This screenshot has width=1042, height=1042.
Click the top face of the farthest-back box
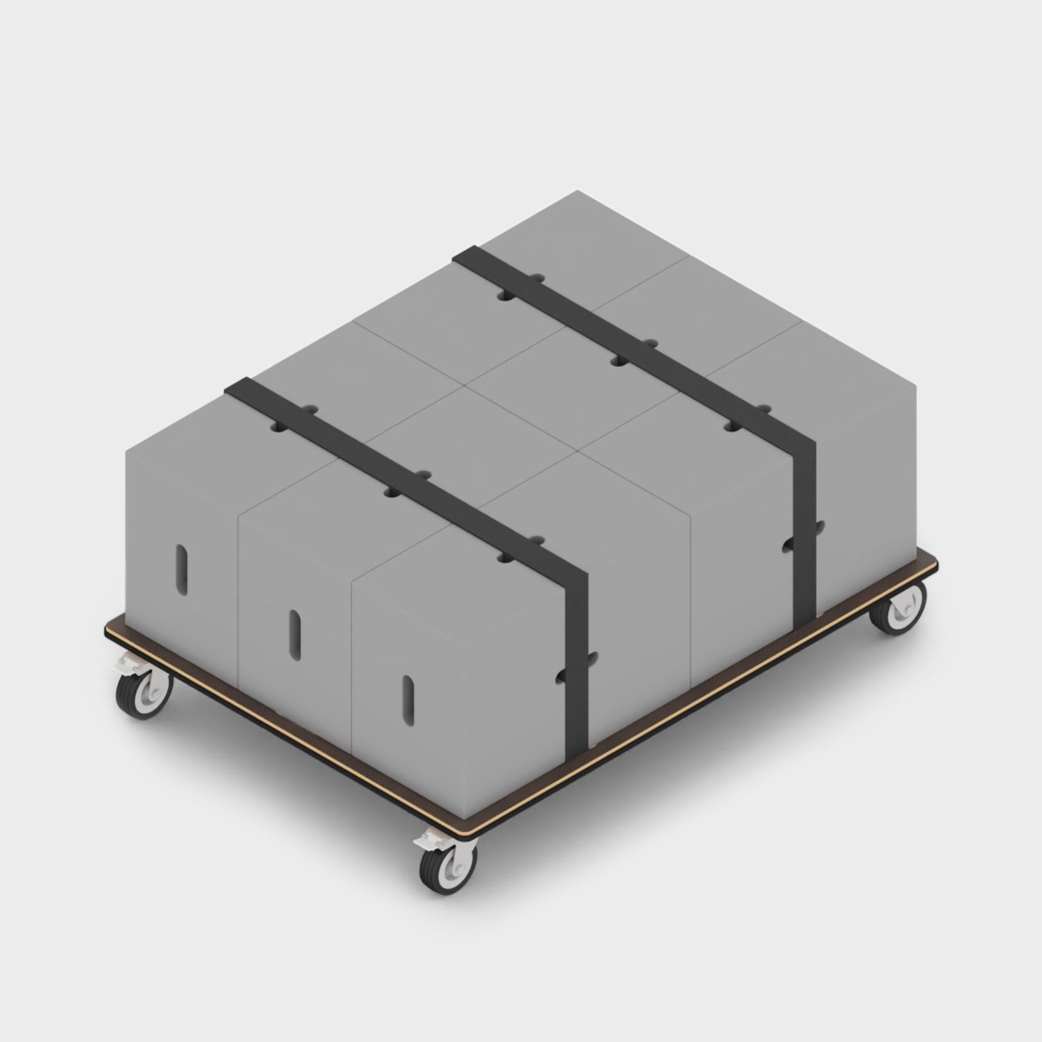[584, 229]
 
